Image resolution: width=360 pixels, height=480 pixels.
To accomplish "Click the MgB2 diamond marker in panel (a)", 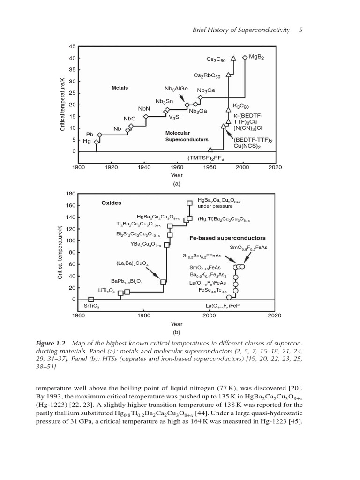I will tap(245, 58).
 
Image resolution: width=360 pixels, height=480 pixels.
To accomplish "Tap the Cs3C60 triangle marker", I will tap(233, 59).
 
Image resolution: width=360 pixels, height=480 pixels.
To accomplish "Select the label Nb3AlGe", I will tap(176, 89).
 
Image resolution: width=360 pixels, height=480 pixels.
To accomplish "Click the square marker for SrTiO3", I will tap(91, 299).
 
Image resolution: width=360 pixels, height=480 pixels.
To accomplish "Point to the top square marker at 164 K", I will tap(189, 203).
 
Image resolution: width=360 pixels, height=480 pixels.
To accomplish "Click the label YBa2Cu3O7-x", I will tap(145, 244).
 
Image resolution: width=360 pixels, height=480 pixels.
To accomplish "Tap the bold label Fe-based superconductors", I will tap(227, 238).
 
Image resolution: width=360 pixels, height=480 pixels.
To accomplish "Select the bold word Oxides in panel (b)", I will tap(111, 203).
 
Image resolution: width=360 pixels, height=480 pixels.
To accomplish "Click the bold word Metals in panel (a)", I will tap(120, 88).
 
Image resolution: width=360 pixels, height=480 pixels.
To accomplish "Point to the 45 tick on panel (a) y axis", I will tap(72, 46).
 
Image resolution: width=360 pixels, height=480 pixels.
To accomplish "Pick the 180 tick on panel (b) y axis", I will tap(71, 194).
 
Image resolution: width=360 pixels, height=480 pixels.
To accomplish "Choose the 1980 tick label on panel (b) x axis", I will tap(143, 315).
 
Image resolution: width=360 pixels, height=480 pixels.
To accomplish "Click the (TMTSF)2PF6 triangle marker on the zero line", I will tap(210, 150).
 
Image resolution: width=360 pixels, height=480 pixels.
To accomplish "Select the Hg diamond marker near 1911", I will tap(97, 142).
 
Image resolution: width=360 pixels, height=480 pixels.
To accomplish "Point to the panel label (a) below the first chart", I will tap(176, 184).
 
